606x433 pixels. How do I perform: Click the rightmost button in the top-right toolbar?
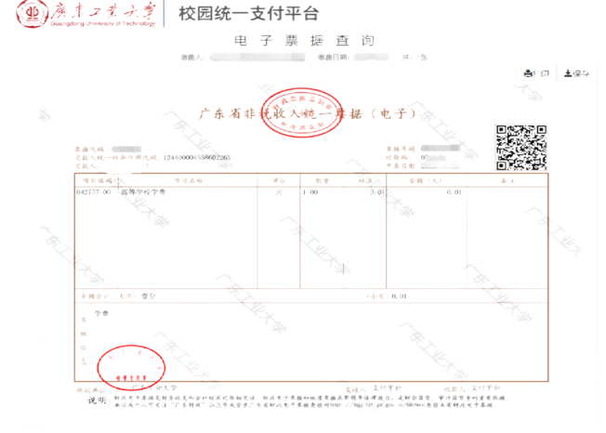tap(582, 72)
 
